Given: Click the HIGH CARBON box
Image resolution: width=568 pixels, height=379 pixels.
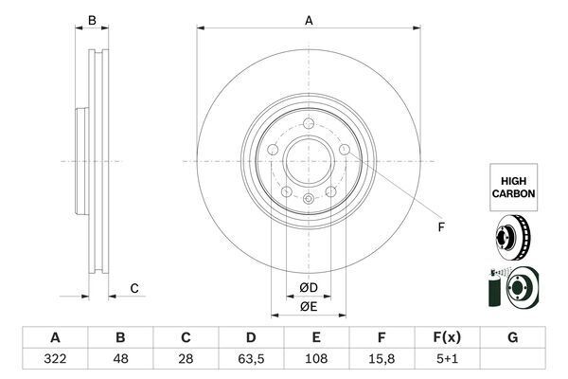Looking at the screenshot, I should pyautogui.click(x=513, y=186).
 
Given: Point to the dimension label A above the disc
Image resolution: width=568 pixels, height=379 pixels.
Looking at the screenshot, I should pyautogui.click(x=309, y=20).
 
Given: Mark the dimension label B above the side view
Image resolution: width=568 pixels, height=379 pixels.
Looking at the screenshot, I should pyautogui.click(x=92, y=20).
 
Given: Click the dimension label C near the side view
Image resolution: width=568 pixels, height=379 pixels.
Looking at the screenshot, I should pyautogui.click(x=134, y=288).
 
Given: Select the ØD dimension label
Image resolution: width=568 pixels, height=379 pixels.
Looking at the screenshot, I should pyautogui.click(x=309, y=287).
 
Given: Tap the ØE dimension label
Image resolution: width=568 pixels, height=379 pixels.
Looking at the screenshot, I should pyautogui.click(x=309, y=306).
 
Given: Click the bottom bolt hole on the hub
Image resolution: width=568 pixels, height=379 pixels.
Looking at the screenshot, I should pyautogui.click(x=309, y=197).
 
